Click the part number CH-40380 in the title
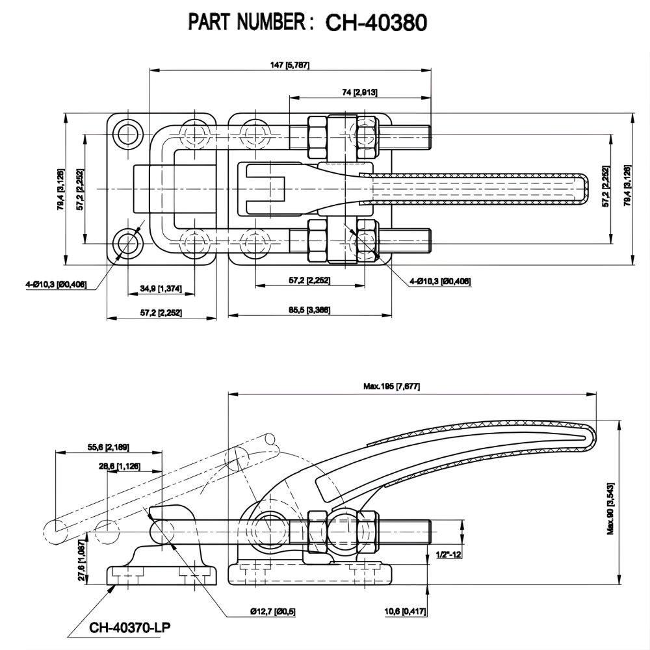click(x=375, y=23)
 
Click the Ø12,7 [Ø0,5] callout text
click(x=272, y=612)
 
